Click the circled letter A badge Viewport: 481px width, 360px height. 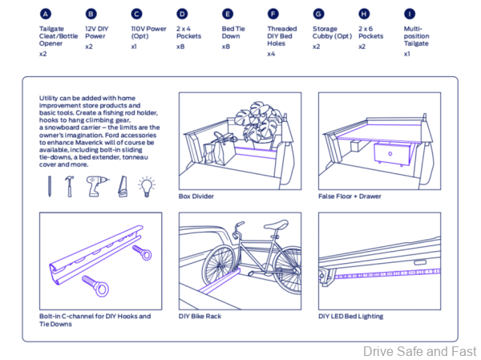(45, 14)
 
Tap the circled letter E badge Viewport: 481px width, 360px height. (228, 14)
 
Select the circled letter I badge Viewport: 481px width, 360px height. (410, 14)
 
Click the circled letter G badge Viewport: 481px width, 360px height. (318, 14)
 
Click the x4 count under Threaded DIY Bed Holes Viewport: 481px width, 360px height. (271, 54)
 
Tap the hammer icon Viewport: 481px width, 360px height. (70, 186)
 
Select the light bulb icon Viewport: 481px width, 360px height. (147, 186)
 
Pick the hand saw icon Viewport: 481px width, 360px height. (122, 186)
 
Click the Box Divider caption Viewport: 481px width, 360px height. (196, 196)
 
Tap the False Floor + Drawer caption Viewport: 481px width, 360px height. (350, 196)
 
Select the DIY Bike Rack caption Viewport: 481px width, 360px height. (200, 316)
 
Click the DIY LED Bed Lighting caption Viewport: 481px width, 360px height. (350, 316)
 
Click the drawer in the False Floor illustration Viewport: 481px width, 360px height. (393, 152)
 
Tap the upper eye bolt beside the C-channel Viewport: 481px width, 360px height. (145, 255)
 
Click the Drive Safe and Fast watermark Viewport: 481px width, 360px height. (420, 351)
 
